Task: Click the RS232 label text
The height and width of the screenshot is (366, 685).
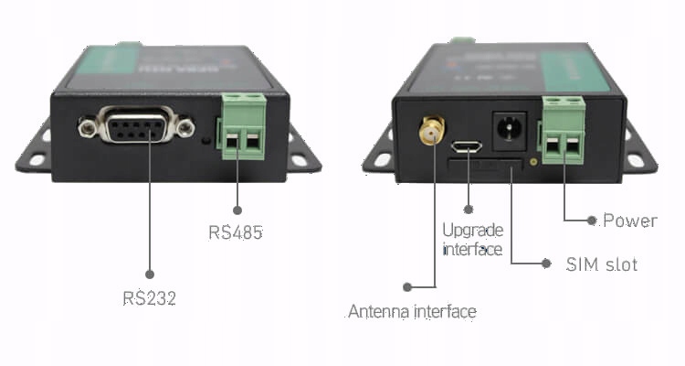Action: coord(149,298)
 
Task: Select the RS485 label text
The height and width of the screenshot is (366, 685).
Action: coord(236,232)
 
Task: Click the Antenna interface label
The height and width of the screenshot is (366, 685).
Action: coord(412,312)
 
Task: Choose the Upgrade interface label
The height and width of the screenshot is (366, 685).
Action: coord(472,239)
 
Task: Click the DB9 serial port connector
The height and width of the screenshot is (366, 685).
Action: coord(137,126)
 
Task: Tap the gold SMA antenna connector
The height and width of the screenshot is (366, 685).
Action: coord(427,134)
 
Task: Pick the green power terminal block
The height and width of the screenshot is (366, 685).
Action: coord(564,134)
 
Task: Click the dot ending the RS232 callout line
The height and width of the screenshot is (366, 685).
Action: coord(150,273)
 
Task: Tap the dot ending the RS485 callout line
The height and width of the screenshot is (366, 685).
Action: coord(237,208)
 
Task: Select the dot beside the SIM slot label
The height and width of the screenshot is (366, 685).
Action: coord(546,264)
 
